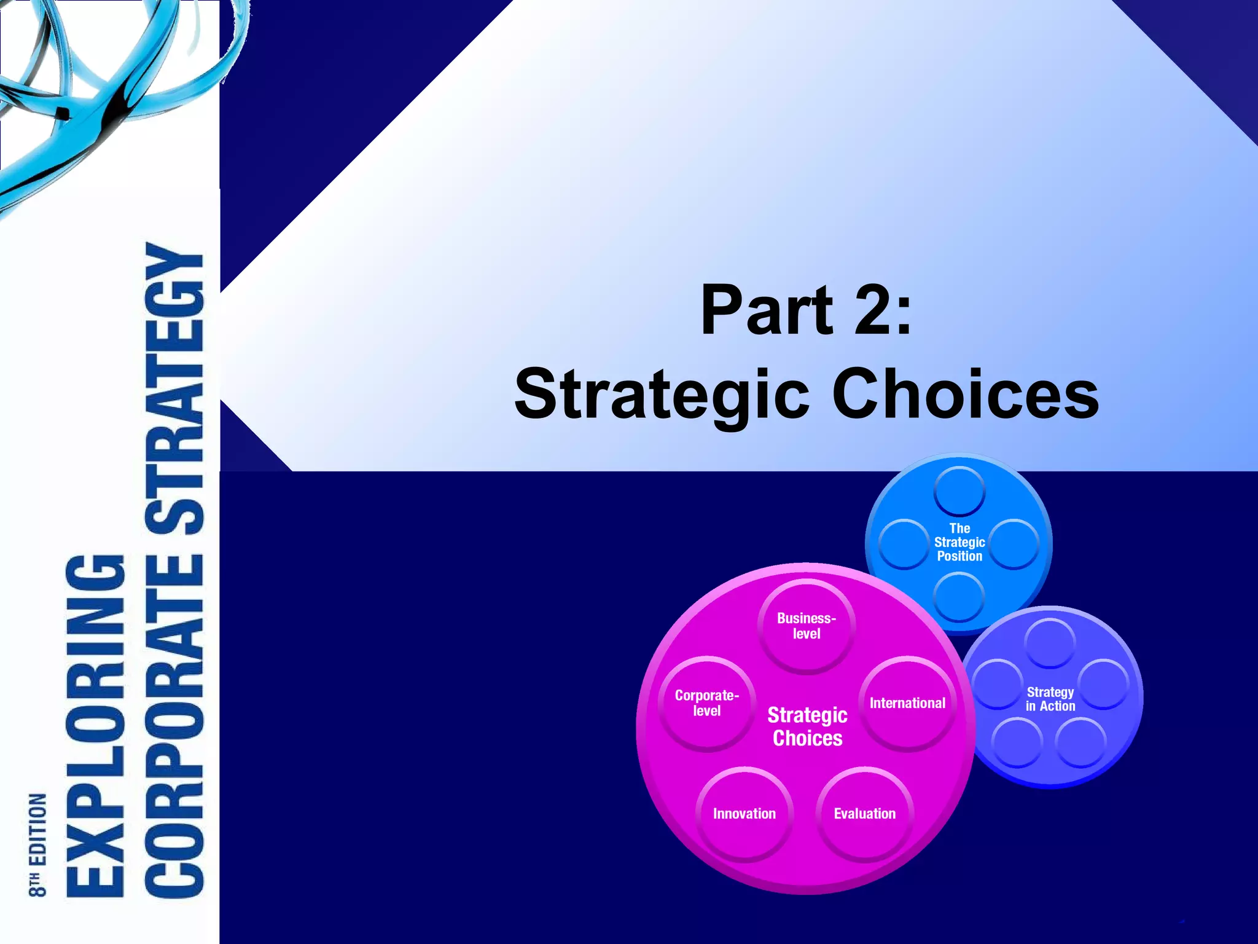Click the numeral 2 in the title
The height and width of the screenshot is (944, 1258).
[x=872, y=310]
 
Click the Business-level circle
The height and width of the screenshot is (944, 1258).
[x=807, y=626]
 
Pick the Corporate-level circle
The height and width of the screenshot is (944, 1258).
[x=706, y=704]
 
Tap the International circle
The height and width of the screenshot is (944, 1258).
[x=907, y=704]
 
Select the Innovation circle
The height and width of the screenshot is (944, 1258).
[x=744, y=814]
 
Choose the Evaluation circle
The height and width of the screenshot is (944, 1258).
[x=864, y=814]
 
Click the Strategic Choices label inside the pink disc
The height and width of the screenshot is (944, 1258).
[x=807, y=726]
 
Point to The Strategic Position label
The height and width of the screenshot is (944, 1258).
[x=959, y=542]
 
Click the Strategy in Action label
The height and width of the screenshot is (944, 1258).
[x=1050, y=699]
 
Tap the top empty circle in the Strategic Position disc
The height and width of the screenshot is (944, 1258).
[x=959, y=490]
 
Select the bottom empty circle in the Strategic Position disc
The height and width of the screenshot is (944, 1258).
[x=959, y=596]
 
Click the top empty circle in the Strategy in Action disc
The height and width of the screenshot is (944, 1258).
[x=1050, y=643]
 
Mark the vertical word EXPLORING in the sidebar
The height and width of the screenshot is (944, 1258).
[x=95, y=725]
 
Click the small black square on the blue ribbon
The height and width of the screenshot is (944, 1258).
[x=61, y=113]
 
